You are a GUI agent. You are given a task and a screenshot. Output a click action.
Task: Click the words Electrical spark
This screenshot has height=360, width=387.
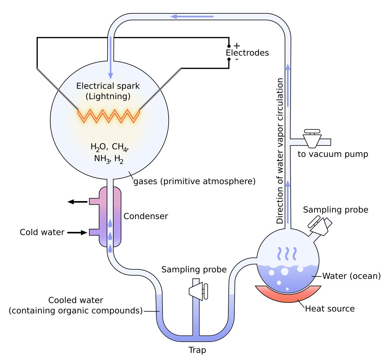108,86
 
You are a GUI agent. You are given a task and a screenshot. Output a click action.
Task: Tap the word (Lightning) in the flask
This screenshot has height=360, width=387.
108,96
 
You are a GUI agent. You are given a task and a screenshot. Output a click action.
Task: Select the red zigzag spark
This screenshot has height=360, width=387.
109,116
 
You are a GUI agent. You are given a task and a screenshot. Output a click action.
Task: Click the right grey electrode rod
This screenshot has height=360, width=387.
160,89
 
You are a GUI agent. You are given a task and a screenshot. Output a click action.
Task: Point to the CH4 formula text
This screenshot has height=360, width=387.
120,147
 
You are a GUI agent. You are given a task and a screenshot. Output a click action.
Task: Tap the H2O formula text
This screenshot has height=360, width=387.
98,147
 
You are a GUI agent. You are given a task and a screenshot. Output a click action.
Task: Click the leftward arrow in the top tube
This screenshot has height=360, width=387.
192,17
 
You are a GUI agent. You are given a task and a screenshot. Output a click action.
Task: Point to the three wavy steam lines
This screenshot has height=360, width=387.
288,253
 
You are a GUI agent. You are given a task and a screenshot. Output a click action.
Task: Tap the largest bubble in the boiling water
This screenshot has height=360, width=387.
285,271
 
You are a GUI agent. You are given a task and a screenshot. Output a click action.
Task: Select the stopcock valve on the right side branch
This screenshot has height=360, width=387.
312,139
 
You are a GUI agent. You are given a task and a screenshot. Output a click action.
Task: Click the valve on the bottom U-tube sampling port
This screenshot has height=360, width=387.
199,291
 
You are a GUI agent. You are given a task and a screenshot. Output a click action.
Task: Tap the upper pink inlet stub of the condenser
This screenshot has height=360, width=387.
95,201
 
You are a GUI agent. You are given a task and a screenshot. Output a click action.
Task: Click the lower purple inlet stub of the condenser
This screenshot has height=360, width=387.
95,232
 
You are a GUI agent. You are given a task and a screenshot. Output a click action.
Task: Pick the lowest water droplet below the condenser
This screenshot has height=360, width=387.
110,249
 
